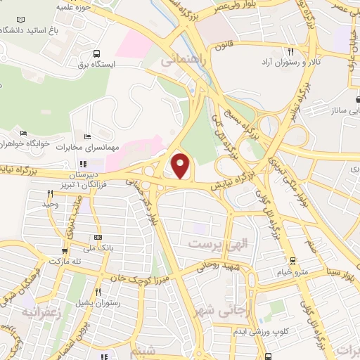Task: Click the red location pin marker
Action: [x=181, y=166]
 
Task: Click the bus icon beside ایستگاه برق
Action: [x=96, y=53]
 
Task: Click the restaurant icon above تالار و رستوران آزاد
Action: [x=290, y=51]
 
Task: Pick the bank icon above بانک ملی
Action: [x=98, y=237]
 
